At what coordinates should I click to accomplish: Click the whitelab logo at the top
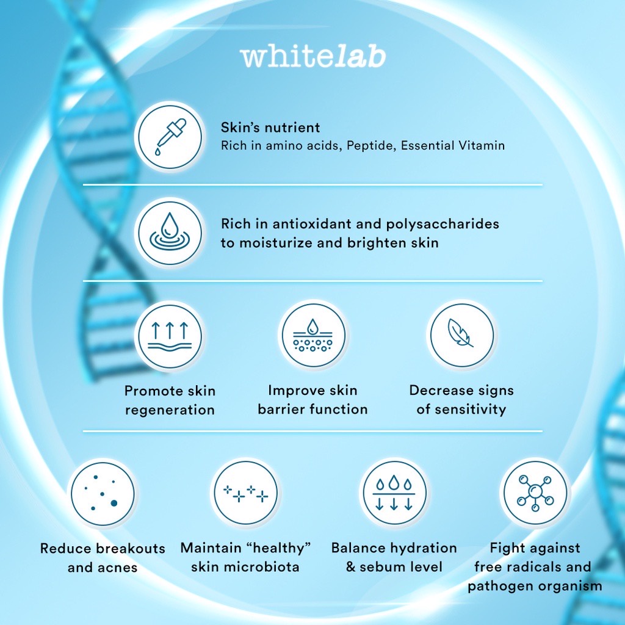coord(313,57)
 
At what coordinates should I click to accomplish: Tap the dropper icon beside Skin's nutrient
coord(170,137)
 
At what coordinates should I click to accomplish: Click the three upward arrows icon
coord(170,336)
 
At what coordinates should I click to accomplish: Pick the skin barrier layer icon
coord(313,335)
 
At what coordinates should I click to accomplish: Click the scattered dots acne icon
coord(103,493)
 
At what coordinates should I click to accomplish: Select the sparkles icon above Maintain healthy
coord(245,493)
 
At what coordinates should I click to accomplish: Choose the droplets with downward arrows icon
coord(394,493)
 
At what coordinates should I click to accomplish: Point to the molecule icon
coord(535,493)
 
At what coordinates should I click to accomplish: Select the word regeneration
coord(170,410)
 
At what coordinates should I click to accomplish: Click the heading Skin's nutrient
coord(270,128)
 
